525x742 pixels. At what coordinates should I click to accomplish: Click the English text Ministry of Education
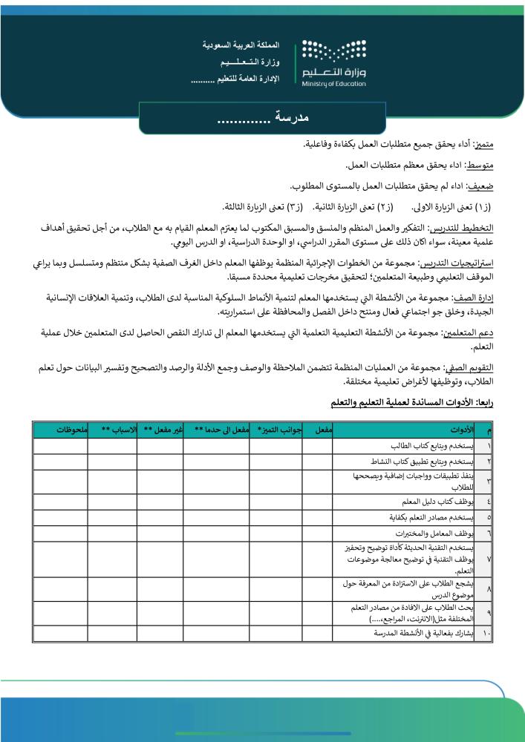click(335, 83)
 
